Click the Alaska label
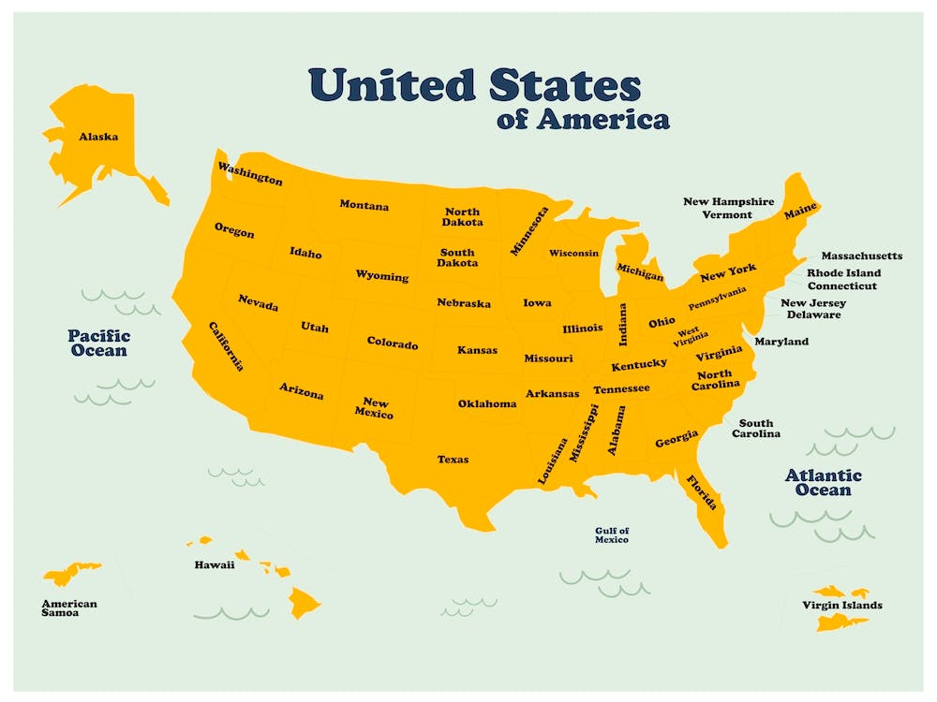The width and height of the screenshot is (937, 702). tap(98, 137)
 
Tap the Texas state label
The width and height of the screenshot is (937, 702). tap(453, 460)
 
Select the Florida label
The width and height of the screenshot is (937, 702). tap(702, 492)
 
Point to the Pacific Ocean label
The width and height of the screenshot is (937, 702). tap(98, 343)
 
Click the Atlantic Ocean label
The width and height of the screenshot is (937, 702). tap(823, 483)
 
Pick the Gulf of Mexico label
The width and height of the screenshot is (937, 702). tap(612, 535)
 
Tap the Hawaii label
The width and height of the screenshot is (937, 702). tap(214, 565)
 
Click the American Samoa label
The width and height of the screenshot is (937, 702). tap(68, 608)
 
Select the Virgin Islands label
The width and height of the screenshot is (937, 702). tap(841, 606)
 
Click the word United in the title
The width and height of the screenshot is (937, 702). tap(394, 85)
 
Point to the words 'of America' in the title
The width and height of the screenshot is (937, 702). tap(584, 120)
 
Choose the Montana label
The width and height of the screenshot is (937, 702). tap(364, 205)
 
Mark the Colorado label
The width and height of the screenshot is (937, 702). tap(392, 344)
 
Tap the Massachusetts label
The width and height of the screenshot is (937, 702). tap(861, 256)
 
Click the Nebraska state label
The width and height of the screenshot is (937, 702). tap(463, 303)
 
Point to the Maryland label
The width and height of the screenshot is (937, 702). tap(781, 342)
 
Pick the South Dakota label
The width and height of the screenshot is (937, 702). tap(457, 257)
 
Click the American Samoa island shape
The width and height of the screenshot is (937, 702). tap(70, 573)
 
